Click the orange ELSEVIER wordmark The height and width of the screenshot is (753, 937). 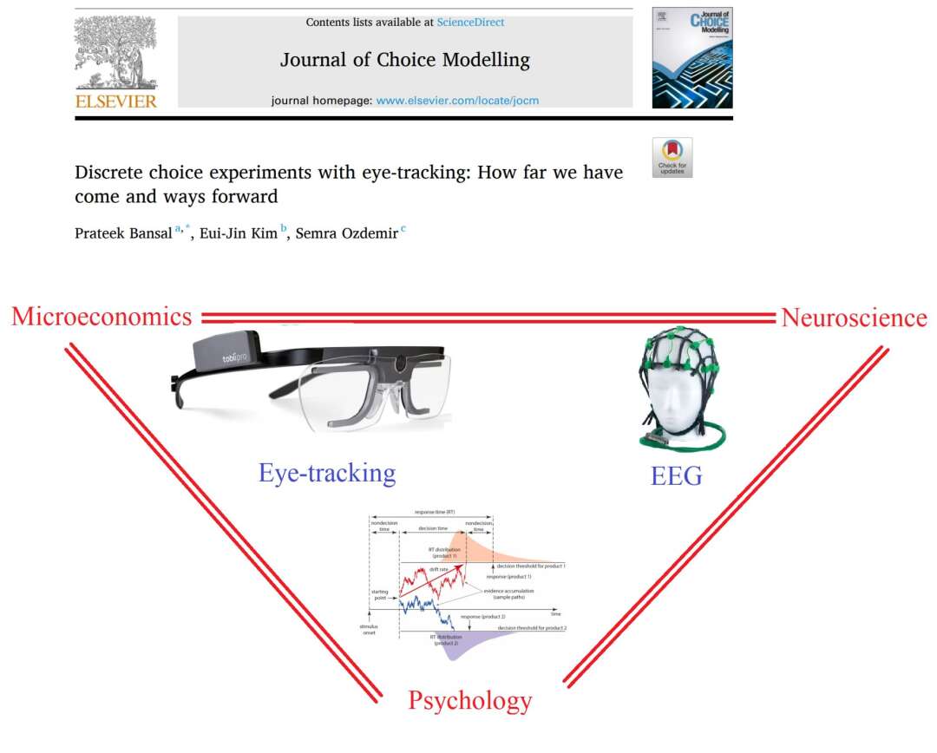point(116,101)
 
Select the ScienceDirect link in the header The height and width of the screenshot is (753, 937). point(470,22)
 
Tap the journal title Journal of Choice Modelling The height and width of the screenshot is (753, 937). point(404,60)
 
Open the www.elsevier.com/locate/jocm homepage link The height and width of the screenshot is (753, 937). point(457,100)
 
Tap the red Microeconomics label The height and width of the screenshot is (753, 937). point(102,317)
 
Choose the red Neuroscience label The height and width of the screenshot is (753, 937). point(854,318)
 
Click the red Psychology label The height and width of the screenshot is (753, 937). point(469,700)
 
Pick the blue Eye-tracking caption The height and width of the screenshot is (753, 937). point(327,473)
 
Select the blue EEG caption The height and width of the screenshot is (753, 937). point(676,475)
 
